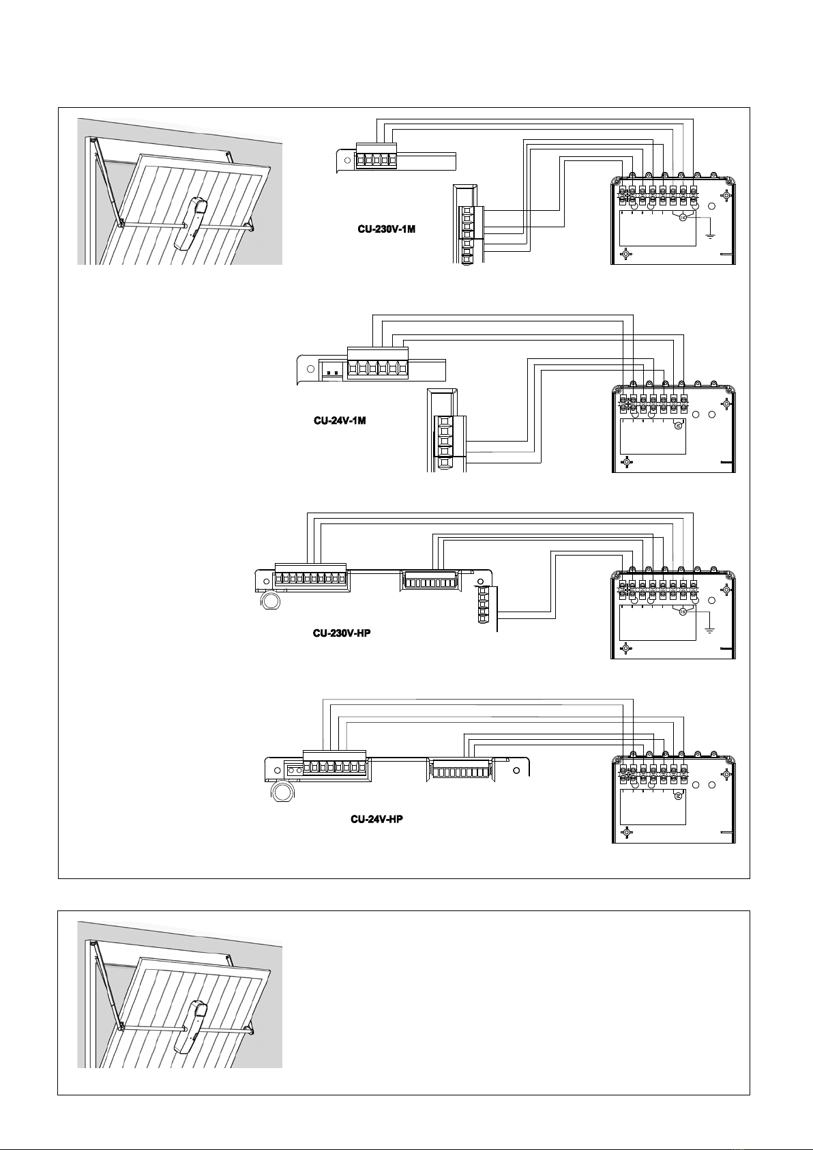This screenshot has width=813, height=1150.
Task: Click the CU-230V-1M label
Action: tap(387, 229)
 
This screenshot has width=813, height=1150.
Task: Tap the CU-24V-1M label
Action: tap(340, 420)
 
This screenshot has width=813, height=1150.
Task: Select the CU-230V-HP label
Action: tap(342, 633)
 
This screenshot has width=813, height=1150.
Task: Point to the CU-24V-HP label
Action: tap(376, 819)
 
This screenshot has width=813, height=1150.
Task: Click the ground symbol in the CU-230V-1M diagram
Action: tap(711, 235)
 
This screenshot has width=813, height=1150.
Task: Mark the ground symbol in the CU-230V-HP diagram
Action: tap(711, 629)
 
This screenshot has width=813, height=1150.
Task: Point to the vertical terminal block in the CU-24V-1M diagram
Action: tap(445, 442)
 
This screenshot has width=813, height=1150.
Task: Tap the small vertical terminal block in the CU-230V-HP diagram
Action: tap(483, 603)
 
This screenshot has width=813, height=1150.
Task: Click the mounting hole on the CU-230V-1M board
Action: tap(346, 160)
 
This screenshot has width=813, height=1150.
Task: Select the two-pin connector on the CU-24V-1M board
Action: tap(333, 371)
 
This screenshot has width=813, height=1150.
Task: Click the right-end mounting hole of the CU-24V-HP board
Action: tap(516, 770)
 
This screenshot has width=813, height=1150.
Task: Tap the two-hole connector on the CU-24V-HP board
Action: tap(294, 771)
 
